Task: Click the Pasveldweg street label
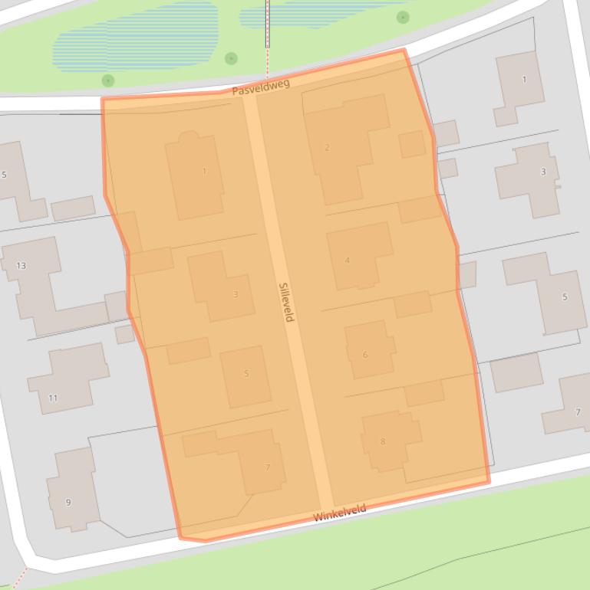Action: (x=261, y=87)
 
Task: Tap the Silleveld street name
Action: (x=286, y=302)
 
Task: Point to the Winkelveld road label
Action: (x=339, y=513)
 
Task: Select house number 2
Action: (x=327, y=147)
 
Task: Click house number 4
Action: (x=347, y=261)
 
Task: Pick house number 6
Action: (x=365, y=355)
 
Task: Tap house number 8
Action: (x=383, y=441)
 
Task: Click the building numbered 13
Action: (x=21, y=266)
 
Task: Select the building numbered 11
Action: (x=53, y=398)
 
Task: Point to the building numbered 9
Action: (x=68, y=503)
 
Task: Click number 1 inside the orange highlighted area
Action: (x=204, y=172)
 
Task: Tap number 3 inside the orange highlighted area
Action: (x=236, y=294)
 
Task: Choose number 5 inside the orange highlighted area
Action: (x=246, y=374)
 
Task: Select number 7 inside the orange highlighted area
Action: (x=268, y=467)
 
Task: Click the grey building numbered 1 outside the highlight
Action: (x=524, y=80)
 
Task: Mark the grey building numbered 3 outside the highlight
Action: (x=543, y=172)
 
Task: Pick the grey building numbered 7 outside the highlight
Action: (x=578, y=412)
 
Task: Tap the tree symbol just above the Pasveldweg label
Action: (x=231, y=58)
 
